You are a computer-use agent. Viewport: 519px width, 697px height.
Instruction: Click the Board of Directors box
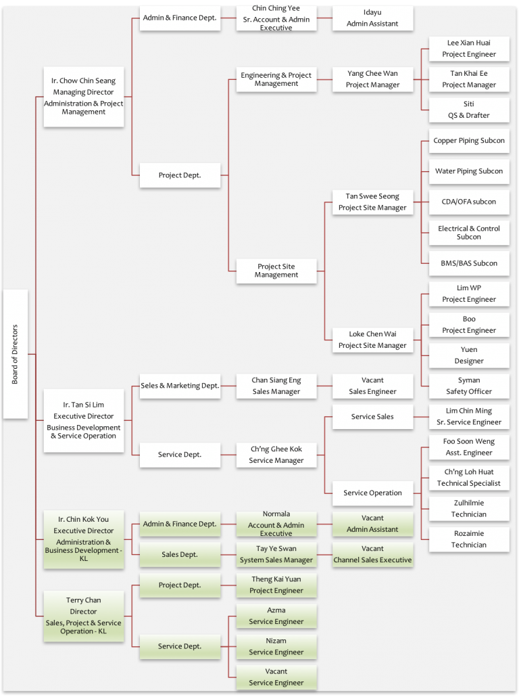click(16, 354)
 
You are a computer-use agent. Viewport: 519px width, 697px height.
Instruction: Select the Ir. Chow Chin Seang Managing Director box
click(84, 96)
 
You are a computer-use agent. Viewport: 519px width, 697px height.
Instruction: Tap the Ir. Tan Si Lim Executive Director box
click(84, 420)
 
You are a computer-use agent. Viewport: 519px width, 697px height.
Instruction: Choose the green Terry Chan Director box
click(84, 616)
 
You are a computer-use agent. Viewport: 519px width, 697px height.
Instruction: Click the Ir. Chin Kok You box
click(84, 539)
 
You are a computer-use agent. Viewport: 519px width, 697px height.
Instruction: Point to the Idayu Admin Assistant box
click(372, 18)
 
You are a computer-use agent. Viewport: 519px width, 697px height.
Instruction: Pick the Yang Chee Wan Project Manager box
click(372, 80)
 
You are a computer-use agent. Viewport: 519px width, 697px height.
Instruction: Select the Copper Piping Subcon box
click(469, 141)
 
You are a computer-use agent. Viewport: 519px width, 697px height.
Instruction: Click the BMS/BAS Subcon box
click(469, 263)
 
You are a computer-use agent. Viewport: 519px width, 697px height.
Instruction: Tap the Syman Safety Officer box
click(469, 386)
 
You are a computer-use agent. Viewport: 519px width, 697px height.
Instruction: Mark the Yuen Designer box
click(469, 355)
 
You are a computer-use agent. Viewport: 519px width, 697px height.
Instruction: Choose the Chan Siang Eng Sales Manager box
click(276, 386)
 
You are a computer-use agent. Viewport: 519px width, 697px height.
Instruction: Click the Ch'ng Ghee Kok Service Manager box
click(276, 455)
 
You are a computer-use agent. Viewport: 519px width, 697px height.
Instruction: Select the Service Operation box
click(372, 493)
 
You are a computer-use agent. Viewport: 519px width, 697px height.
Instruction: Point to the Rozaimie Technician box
click(469, 539)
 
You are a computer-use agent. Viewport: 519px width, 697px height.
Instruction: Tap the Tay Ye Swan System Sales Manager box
click(276, 554)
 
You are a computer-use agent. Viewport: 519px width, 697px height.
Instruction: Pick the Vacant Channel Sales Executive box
click(372, 554)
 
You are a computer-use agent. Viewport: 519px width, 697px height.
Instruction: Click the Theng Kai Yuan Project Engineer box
click(276, 585)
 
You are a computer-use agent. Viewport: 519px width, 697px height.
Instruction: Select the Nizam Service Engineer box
click(276, 646)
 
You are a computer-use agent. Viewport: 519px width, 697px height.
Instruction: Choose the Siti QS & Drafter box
click(469, 110)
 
